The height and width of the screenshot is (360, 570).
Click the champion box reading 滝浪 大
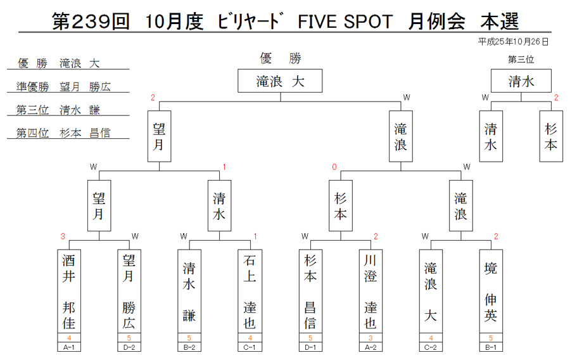click(x=280, y=80)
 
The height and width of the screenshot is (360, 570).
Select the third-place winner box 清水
click(x=521, y=80)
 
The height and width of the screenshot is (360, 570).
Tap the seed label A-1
click(x=68, y=347)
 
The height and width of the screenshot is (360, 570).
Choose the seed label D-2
click(x=129, y=347)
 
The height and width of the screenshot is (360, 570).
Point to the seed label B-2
click(x=189, y=347)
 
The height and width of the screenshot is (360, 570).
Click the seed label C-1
click(x=250, y=347)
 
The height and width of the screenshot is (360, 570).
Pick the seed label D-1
click(x=310, y=347)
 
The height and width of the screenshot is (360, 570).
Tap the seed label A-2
click(x=370, y=347)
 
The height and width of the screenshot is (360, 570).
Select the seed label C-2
click(x=431, y=347)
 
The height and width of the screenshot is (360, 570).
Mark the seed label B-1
click(x=491, y=347)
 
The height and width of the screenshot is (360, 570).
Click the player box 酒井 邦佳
click(x=68, y=292)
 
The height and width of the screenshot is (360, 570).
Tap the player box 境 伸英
click(x=491, y=292)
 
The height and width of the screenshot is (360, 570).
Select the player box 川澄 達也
click(x=370, y=292)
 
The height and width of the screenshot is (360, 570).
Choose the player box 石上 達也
click(x=250, y=292)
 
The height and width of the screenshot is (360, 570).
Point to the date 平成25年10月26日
click(x=513, y=42)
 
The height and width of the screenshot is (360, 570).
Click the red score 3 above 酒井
click(x=63, y=236)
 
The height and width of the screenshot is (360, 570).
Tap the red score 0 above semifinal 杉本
click(x=334, y=167)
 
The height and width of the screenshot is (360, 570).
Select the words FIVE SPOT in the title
click(x=345, y=22)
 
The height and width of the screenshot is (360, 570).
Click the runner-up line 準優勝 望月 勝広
click(x=63, y=87)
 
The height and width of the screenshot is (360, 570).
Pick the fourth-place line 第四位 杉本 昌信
click(x=63, y=133)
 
